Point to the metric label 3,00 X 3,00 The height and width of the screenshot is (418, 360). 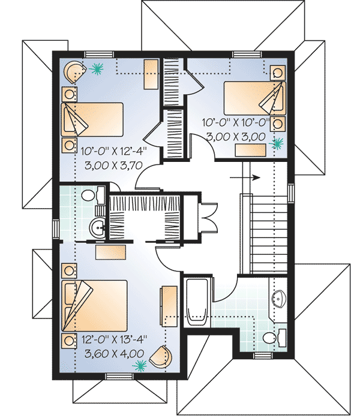235,137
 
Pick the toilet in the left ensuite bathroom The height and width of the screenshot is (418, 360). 90,196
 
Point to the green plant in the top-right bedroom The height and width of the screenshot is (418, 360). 277,143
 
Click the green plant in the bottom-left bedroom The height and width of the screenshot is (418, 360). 141,364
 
